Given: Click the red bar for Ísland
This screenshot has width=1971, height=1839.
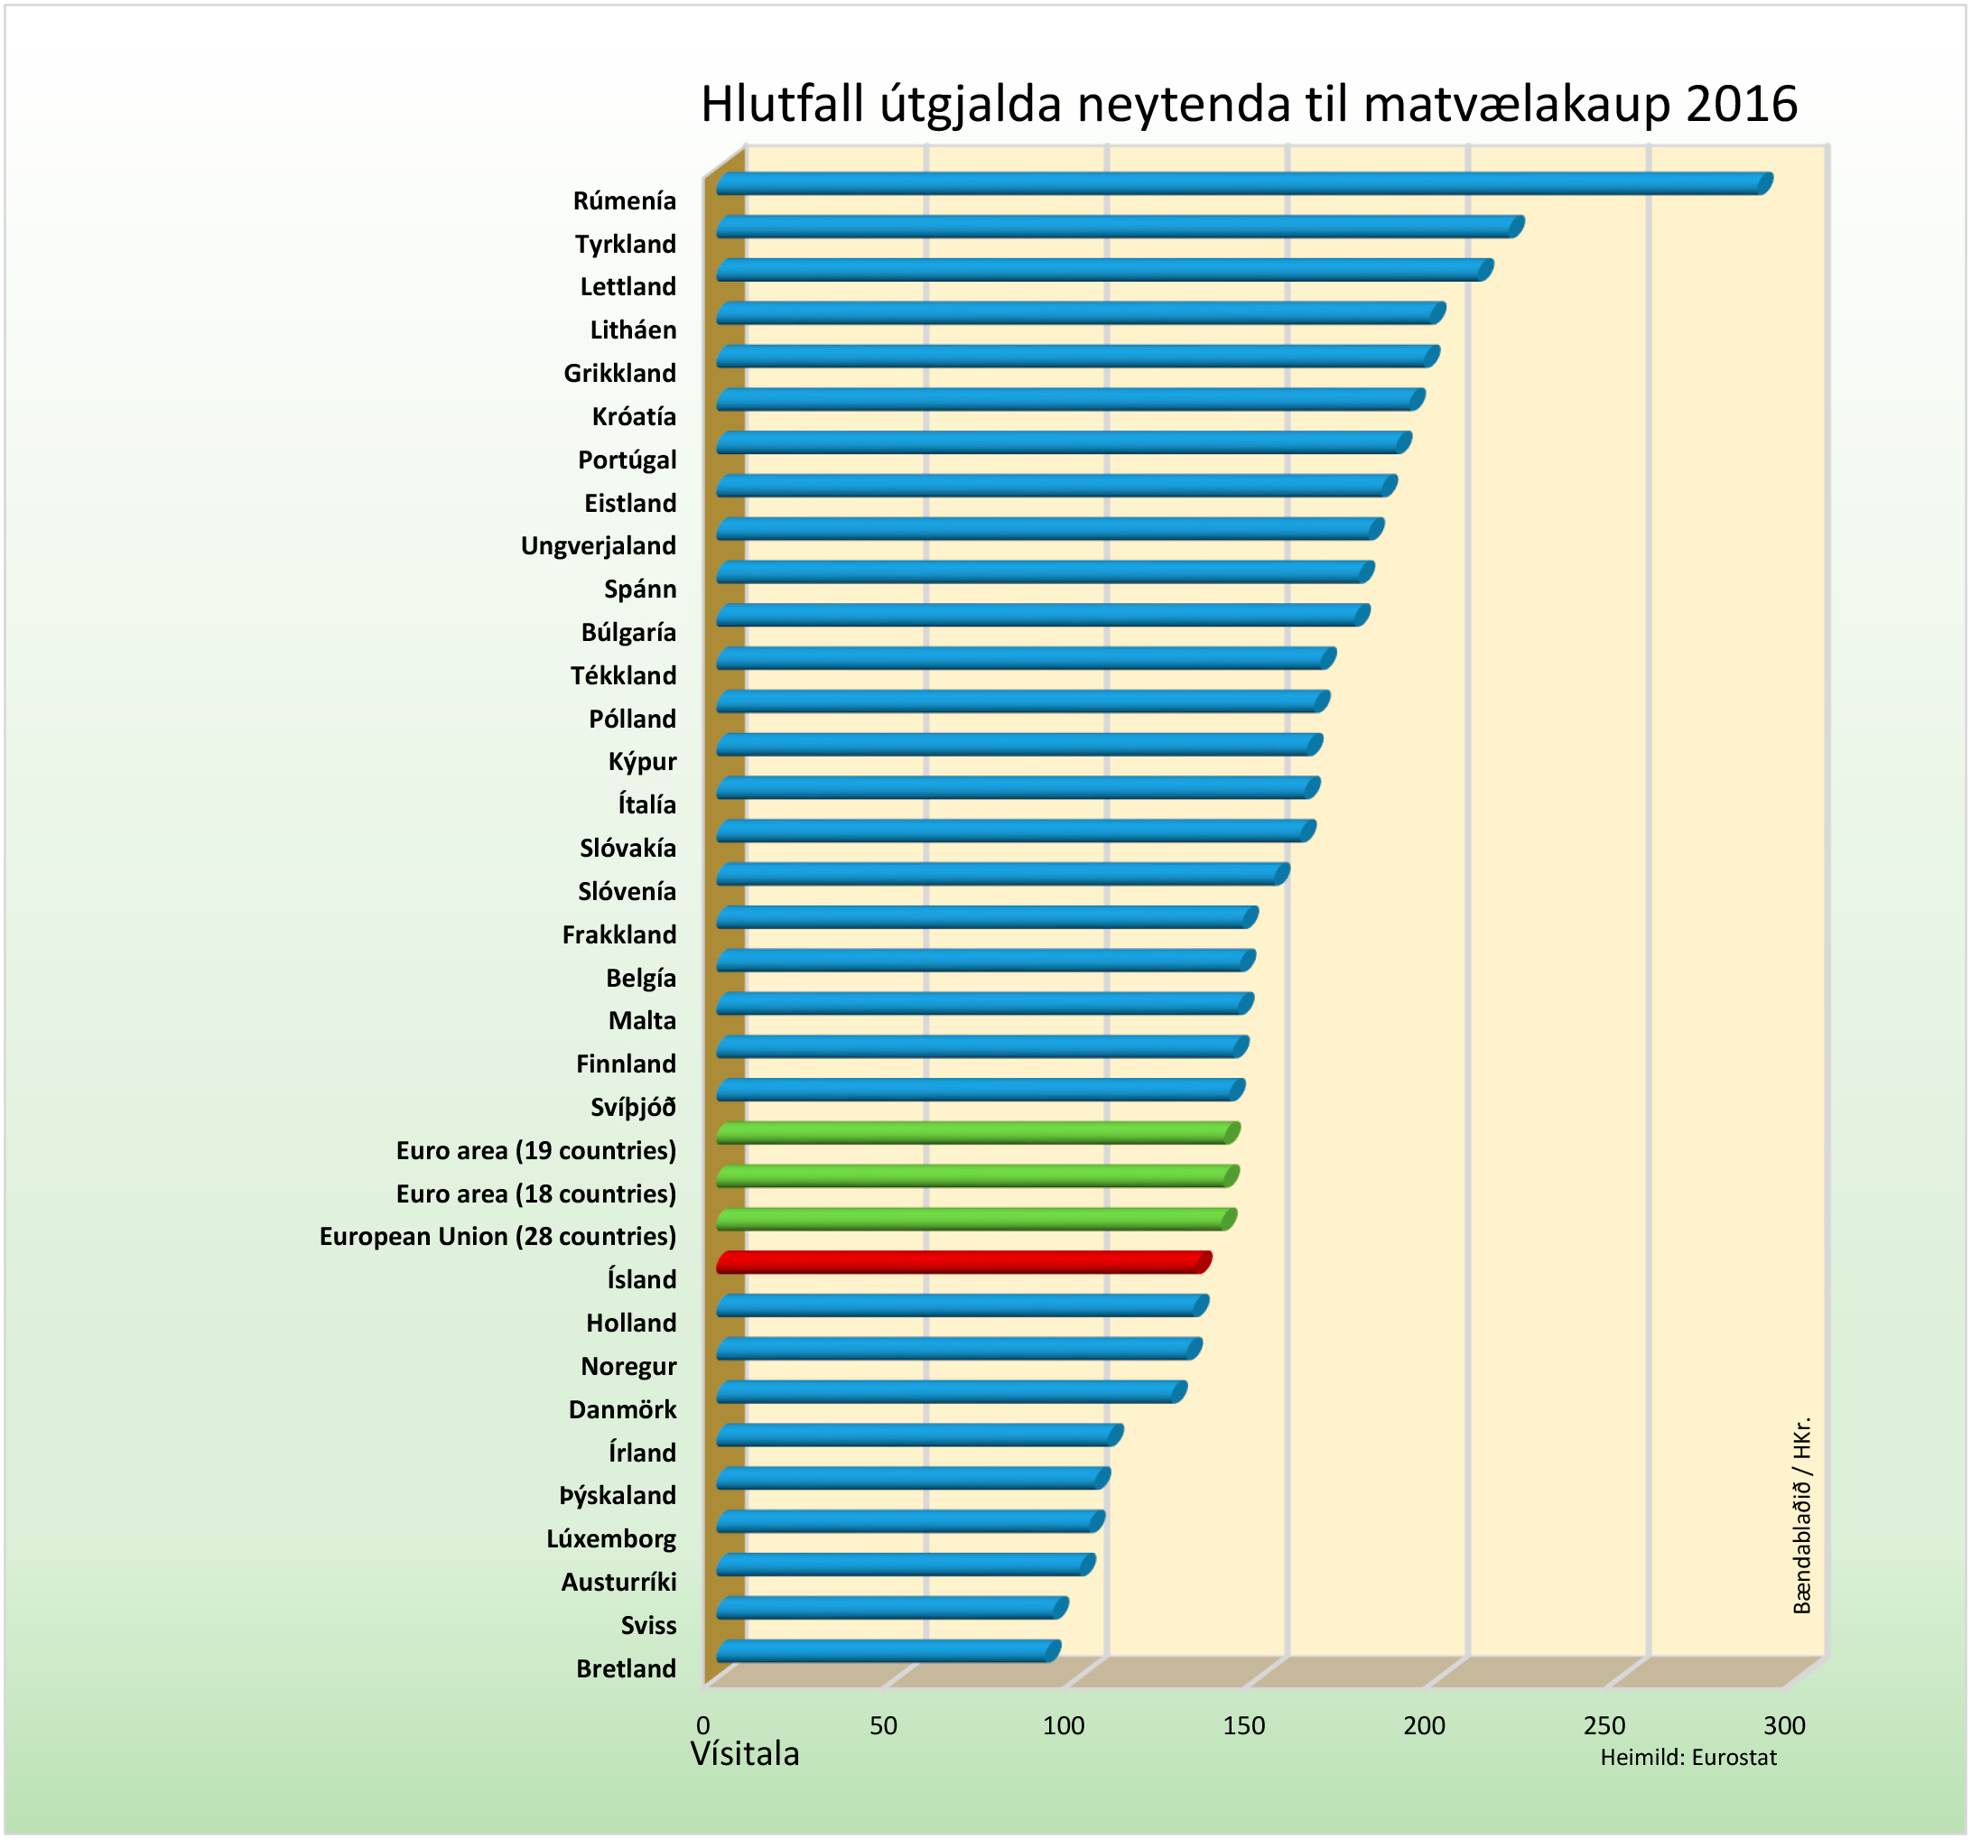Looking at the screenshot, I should [x=962, y=1262].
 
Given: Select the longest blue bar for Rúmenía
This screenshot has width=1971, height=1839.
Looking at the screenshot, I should [x=1240, y=183].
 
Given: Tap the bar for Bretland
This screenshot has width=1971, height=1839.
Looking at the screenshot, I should [x=888, y=1650].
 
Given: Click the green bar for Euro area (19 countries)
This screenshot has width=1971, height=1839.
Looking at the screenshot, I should [x=977, y=1133].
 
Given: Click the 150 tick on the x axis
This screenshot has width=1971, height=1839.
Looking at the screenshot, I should [x=1243, y=1726].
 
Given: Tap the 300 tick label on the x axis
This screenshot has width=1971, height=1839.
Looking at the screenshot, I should [x=1785, y=1726].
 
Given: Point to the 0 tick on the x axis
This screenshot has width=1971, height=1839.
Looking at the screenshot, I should [x=703, y=1726].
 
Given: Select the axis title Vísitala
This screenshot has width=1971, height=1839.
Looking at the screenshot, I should [x=745, y=1754].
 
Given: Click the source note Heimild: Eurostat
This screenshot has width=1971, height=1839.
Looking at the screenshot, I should [x=1688, y=1758].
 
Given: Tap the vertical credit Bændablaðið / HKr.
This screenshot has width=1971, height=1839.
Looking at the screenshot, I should [x=1801, y=1516].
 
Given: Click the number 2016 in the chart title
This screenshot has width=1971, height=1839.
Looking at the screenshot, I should [x=1742, y=104].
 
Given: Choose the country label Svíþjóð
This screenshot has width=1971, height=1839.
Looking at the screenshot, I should [x=634, y=1108].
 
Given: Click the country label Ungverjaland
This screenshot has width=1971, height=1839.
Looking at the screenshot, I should [x=599, y=546].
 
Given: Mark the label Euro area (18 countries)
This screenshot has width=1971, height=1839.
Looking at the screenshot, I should [x=536, y=1193].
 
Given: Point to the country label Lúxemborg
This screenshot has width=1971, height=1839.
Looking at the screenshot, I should [x=612, y=1538].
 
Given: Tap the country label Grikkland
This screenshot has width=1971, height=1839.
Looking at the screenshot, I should [x=620, y=374].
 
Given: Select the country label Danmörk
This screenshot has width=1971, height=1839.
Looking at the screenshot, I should [x=623, y=1410].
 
